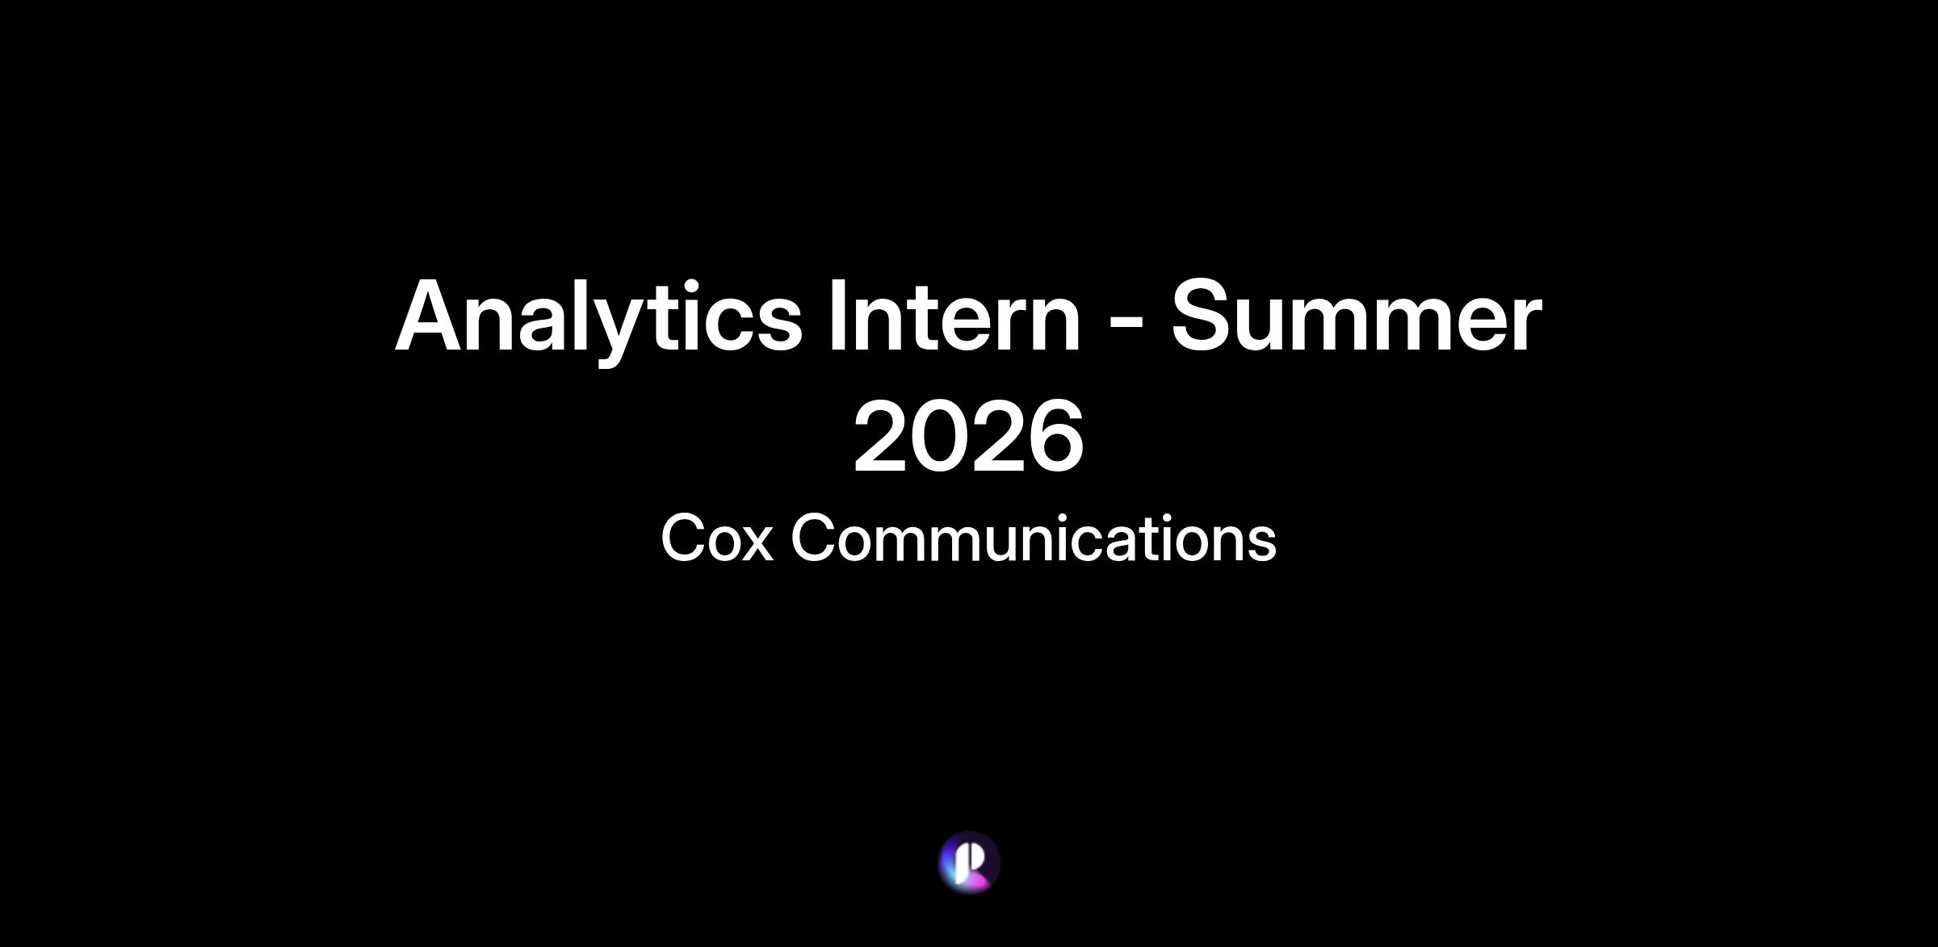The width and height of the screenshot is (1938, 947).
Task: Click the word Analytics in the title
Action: pyautogui.click(x=598, y=319)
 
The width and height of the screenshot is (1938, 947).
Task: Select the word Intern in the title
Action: pyautogui.click(x=954, y=316)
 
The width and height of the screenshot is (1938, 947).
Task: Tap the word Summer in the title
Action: pyautogui.click(x=1357, y=316)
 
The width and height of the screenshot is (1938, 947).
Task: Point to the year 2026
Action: pyautogui.click(x=968, y=437)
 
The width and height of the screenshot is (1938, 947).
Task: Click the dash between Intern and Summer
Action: pyautogui.click(x=1126, y=325)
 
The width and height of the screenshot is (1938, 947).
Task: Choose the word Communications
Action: pyautogui.click(x=1034, y=538)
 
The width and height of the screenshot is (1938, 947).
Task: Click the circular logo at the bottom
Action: pyautogui.click(x=969, y=862)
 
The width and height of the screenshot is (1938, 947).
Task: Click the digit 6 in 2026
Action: pyautogui.click(x=1054, y=437)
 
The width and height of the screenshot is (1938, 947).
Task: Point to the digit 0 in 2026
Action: pyautogui.click(x=939, y=437)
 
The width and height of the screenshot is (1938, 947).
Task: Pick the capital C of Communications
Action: pyautogui.click(x=815, y=538)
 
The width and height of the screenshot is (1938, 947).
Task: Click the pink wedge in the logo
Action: pyautogui.click(x=978, y=882)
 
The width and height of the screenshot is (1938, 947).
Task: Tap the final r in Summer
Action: pyautogui.click(x=1525, y=325)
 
